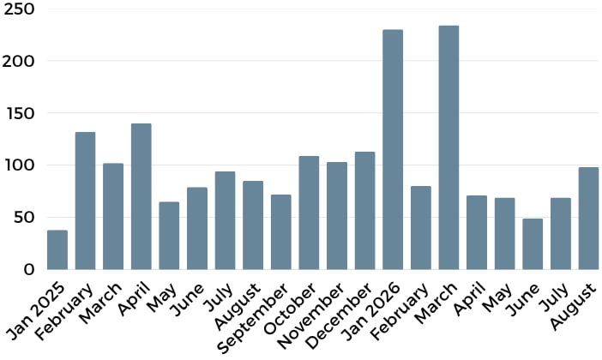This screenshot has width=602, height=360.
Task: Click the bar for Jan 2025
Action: [57, 249]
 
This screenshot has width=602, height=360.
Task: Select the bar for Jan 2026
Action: [393, 150]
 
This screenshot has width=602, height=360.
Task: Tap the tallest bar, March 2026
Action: [448, 147]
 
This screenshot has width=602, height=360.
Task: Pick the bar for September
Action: [281, 232]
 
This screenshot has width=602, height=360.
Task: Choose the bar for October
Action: [309, 213]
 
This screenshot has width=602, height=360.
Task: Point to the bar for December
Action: [364, 211]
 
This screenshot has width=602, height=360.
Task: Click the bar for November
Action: [337, 216]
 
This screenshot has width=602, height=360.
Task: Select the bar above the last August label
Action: [588, 219]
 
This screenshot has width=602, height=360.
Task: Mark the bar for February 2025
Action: [85, 201]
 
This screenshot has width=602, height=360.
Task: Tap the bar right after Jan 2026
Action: [421, 228]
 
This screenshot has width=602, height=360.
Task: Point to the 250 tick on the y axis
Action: [19, 9]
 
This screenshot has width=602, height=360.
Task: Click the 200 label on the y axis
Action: [19, 61]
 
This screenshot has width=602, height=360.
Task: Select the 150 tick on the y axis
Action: [21, 113]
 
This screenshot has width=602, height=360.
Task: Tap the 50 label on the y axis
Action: [24, 218]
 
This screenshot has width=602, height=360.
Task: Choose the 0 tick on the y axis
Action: [29, 270]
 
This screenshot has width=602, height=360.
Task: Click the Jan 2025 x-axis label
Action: [37, 311]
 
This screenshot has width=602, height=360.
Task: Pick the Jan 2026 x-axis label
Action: [371, 312]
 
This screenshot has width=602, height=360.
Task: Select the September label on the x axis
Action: [252, 318]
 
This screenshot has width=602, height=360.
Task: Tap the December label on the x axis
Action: [340, 316]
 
